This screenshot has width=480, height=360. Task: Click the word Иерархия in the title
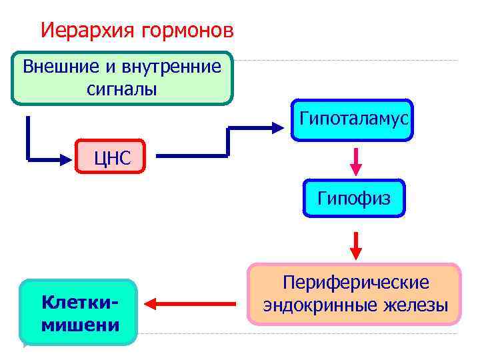[78, 31]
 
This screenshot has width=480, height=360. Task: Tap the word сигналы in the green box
[122, 89]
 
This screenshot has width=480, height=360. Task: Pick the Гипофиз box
[354, 198]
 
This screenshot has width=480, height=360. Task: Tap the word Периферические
[356, 283]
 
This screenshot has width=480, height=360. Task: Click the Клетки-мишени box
[79, 312]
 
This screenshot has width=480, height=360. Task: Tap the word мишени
[79, 325]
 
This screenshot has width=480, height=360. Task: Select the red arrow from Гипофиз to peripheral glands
[356, 245]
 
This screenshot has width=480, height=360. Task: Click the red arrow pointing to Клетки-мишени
[190, 304]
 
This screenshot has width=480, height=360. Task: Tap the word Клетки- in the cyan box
[79, 302]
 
